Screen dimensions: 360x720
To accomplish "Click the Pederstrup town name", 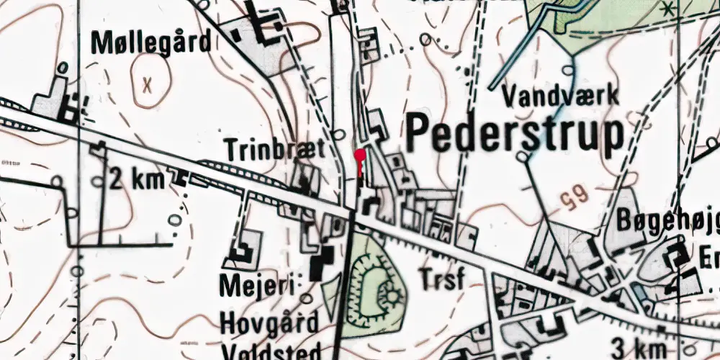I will [514, 135].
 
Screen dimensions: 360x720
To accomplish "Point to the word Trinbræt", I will [274, 149].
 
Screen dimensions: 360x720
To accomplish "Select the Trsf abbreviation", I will [437, 278].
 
